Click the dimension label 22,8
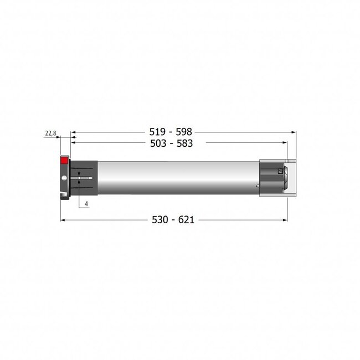(50, 133)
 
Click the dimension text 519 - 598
(172, 133)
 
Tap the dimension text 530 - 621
(175, 220)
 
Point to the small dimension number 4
(87, 204)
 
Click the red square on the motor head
(64, 160)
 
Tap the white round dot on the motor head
(65, 178)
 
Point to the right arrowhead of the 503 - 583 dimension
(286, 142)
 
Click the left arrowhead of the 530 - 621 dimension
(62, 220)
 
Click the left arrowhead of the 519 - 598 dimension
(72, 133)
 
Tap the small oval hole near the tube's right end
(258, 186)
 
